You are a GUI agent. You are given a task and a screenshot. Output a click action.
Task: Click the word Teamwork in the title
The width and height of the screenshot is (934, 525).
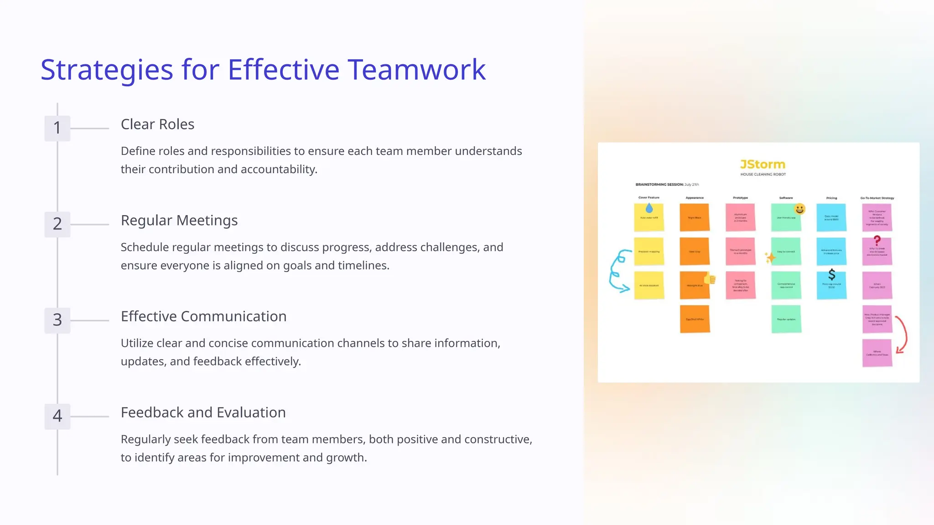(x=417, y=70)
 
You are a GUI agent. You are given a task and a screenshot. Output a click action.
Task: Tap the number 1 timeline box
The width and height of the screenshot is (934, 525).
(x=57, y=128)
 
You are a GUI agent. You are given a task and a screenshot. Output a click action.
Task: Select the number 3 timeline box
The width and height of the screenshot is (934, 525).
(x=57, y=320)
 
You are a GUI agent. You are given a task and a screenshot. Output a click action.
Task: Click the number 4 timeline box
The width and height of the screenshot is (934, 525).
(x=57, y=416)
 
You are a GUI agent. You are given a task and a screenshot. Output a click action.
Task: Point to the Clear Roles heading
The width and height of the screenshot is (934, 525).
(x=157, y=124)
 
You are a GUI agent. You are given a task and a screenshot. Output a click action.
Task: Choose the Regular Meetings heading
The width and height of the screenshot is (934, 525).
(x=179, y=221)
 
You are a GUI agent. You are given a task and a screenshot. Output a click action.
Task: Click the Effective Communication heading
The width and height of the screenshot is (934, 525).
(x=203, y=316)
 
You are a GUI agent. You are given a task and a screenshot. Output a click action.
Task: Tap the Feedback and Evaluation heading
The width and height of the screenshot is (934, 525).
(x=203, y=412)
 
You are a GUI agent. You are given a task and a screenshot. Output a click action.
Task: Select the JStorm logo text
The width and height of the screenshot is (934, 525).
(x=763, y=165)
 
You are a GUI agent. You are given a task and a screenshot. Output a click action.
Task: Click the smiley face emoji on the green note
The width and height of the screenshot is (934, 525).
(x=799, y=209)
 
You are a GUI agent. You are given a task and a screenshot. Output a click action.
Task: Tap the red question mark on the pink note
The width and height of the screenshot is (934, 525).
(x=877, y=240)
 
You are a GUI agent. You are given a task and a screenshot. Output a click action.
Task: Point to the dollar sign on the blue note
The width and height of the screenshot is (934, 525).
(x=831, y=274)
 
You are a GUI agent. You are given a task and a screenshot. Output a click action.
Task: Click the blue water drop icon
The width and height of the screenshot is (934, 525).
(x=649, y=208)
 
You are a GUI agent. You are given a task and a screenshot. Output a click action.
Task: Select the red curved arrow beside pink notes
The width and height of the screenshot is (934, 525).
(x=901, y=335)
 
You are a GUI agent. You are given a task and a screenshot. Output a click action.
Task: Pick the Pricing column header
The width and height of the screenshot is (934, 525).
(x=831, y=198)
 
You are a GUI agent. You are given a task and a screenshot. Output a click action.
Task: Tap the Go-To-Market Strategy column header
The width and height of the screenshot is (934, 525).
(x=877, y=198)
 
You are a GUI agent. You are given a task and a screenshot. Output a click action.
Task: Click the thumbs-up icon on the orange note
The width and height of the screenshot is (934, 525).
(x=710, y=279)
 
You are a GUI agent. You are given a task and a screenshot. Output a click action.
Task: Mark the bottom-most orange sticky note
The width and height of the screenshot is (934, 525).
(x=695, y=319)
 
